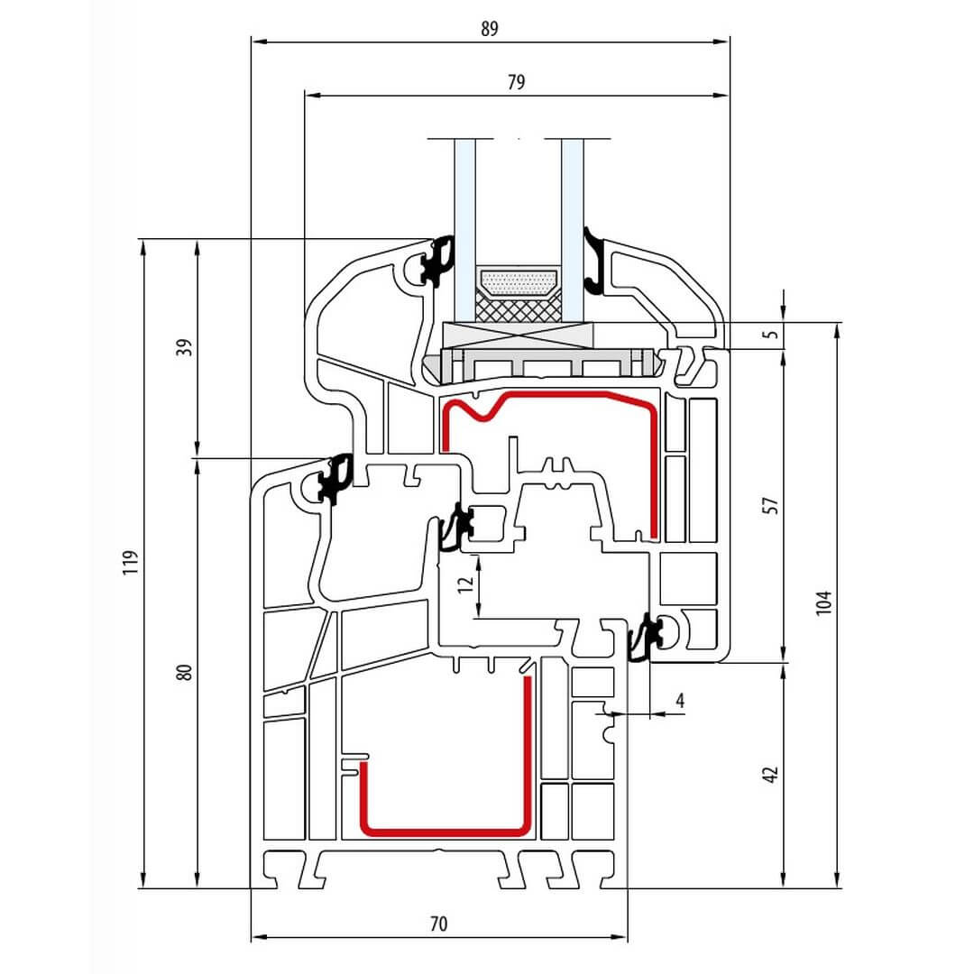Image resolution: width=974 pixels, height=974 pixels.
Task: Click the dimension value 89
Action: point(490,29)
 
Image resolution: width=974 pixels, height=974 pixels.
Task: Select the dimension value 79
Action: point(516,82)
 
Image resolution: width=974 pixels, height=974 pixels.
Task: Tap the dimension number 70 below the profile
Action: point(438,924)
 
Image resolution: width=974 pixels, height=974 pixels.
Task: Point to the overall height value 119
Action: point(130,562)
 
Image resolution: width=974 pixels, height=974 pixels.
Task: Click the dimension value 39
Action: point(185,347)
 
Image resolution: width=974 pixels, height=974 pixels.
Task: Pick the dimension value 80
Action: point(185,672)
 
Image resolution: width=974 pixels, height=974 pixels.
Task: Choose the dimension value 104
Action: point(823,603)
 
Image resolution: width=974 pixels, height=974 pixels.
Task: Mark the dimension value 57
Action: point(770,505)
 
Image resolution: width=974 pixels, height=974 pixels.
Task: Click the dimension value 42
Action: point(770,775)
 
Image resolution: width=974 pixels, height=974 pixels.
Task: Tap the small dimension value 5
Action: point(771,335)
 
